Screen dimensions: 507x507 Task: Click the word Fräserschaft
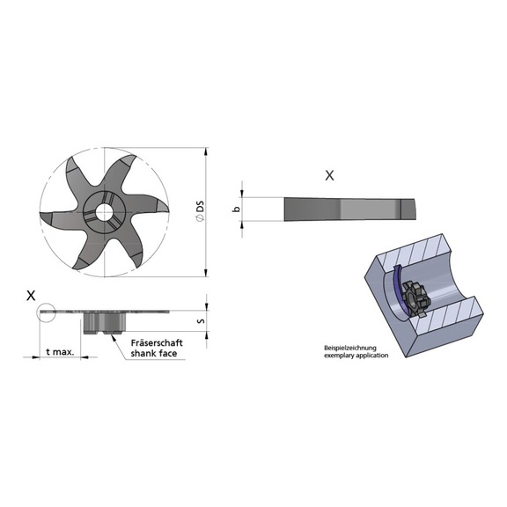click(x=156, y=342)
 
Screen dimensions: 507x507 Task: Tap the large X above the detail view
click(x=329, y=175)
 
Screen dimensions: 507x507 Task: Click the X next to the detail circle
click(x=32, y=296)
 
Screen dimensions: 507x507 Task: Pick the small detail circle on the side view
click(x=46, y=310)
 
